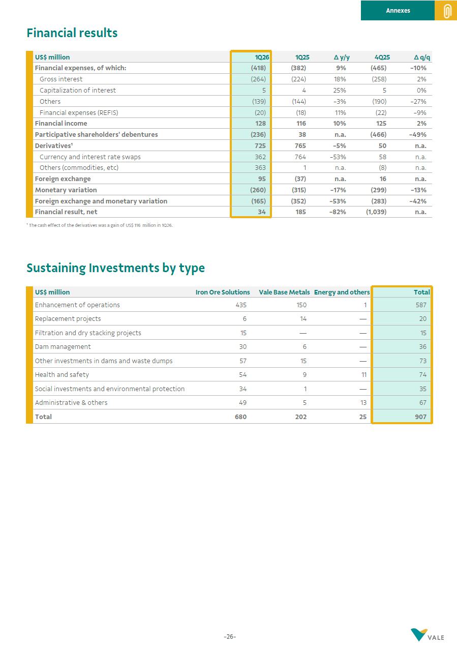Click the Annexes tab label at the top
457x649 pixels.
coord(398,11)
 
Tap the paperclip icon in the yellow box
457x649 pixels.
coord(447,11)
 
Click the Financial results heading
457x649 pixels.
coord(72,33)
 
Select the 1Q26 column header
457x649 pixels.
coord(262,57)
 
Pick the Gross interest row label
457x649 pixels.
coord(61,79)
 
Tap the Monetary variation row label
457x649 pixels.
coord(66,190)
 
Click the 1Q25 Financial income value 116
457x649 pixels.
coord(300,124)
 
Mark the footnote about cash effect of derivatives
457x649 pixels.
coord(100,225)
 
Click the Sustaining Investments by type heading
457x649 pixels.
coord(115,268)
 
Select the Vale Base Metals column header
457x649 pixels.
coord(284,292)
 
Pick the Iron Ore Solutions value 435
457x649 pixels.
coord(240,305)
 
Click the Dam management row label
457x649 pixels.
coord(63,347)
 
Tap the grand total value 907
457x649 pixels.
coord(421,417)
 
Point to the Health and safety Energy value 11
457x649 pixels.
coord(363,375)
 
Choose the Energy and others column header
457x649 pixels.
coord(342,292)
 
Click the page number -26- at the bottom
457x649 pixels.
coord(230,637)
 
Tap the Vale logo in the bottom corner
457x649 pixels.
coord(427,635)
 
